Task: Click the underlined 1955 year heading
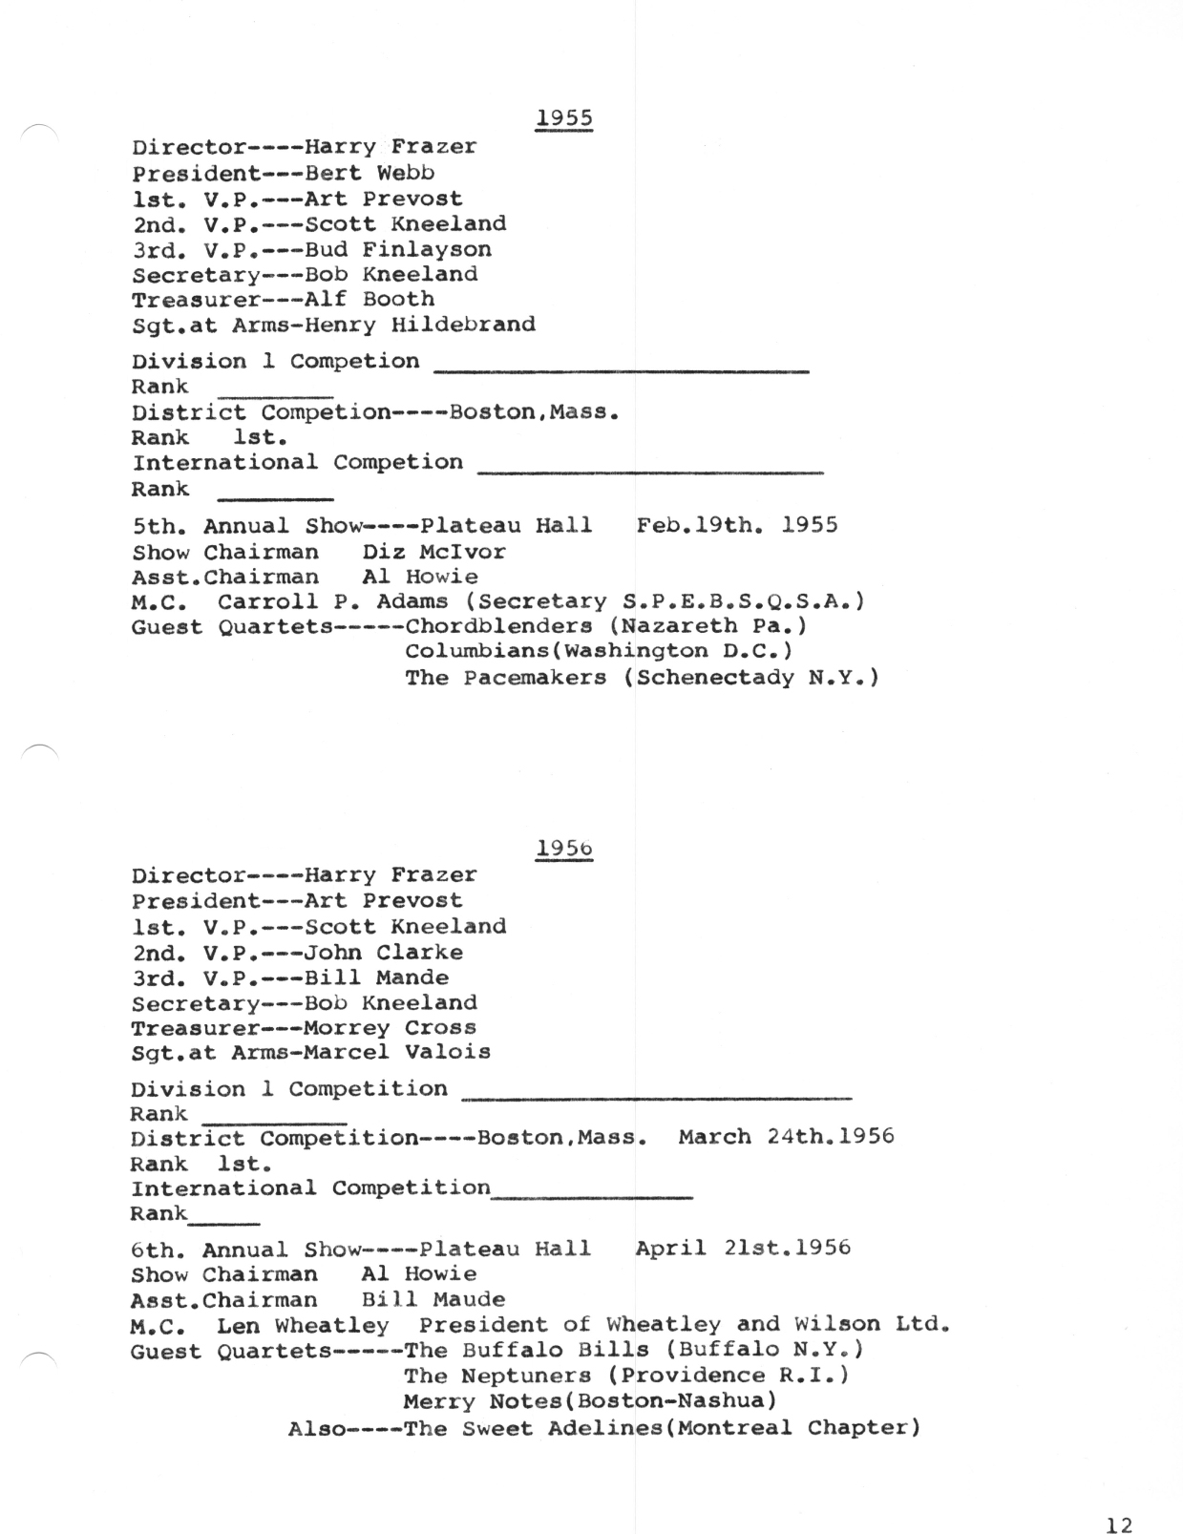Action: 564,118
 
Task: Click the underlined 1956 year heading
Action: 564,848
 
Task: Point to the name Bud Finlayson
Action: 398,250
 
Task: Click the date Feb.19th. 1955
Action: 736,526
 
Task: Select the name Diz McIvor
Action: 433,552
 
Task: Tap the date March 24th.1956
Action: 786,1137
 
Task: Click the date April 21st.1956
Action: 743,1249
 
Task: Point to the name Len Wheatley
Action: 304,1326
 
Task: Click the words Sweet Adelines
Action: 549,1429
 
